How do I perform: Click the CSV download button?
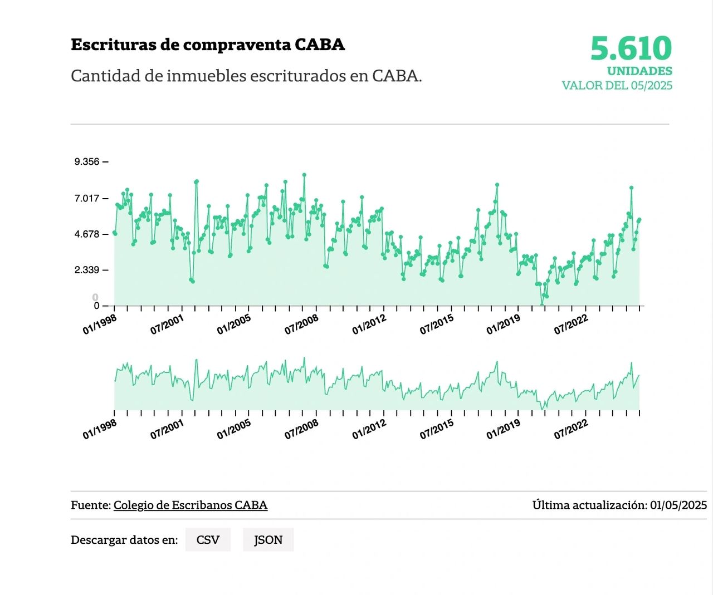(x=208, y=540)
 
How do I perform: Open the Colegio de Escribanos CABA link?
(x=191, y=505)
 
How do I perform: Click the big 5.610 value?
(x=631, y=48)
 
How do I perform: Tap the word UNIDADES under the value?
(x=639, y=71)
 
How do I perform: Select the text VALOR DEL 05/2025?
(x=617, y=86)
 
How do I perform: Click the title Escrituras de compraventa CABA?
(x=208, y=45)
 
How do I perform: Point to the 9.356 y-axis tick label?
(x=87, y=162)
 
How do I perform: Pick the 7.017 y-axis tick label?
(x=87, y=198)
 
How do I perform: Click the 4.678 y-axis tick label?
(x=87, y=234)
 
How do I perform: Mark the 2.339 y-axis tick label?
(x=87, y=271)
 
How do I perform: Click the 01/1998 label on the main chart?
(x=100, y=324)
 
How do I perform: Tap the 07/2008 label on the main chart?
(x=301, y=324)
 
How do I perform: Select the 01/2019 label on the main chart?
(x=504, y=324)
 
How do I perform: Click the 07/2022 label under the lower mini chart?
(x=571, y=429)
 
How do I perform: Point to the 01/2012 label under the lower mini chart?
(x=369, y=429)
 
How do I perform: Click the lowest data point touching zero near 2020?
(x=541, y=305)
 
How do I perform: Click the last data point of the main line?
(x=639, y=220)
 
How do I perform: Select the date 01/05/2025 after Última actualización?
(x=678, y=505)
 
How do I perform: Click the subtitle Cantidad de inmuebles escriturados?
(x=246, y=76)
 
